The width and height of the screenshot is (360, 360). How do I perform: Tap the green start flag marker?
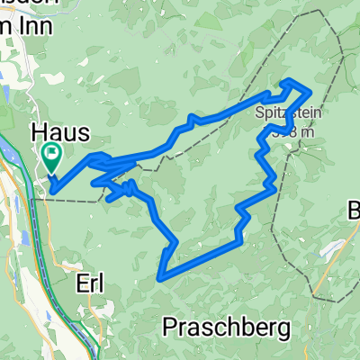50,157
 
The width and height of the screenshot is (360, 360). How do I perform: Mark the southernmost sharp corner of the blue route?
160,276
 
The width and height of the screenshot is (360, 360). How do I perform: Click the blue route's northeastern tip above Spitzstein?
310,92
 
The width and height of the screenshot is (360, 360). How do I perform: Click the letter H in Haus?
40,131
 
